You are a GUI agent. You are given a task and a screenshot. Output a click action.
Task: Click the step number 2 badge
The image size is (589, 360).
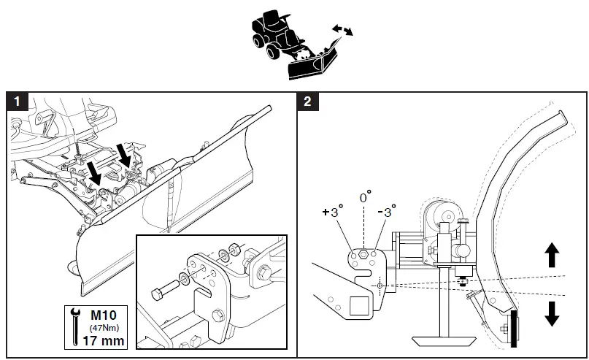[x=307, y=102]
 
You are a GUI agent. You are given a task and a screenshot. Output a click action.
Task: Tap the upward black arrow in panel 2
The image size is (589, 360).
[x=552, y=255]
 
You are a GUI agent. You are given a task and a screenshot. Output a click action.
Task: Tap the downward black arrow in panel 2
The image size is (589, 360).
[x=552, y=312]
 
